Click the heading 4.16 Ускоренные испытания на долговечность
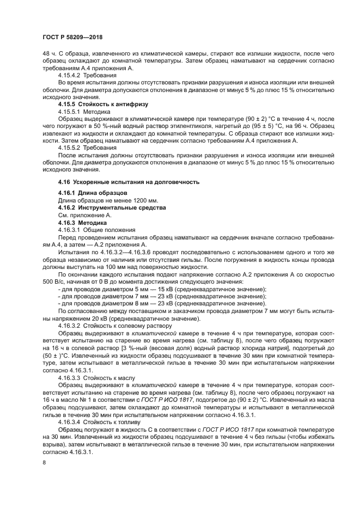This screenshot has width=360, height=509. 129,181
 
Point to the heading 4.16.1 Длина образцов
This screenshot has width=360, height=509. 93,193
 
